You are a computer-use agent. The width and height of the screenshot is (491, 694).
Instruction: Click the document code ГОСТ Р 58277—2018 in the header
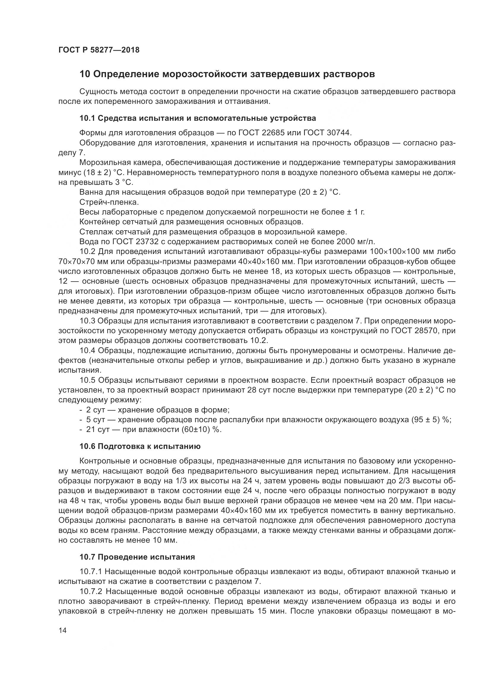(x=99, y=50)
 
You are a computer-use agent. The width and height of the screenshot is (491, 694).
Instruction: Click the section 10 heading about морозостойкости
(x=227, y=74)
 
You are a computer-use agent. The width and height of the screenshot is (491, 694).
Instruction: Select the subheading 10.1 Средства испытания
(x=198, y=118)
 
